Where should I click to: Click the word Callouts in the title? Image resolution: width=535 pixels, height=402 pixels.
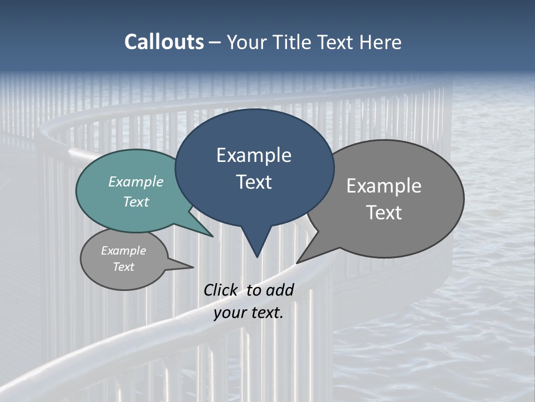[x=164, y=42]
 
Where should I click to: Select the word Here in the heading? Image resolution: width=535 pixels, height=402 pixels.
[x=381, y=42]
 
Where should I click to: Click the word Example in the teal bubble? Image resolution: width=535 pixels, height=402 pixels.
[x=135, y=181]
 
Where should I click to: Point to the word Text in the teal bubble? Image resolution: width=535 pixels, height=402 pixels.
[x=135, y=202]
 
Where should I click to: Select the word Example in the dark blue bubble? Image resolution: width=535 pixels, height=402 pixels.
[x=254, y=155]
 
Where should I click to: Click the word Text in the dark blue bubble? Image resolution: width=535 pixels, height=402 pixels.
[x=254, y=182]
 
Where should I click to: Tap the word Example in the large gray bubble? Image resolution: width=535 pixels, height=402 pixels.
[x=383, y=186]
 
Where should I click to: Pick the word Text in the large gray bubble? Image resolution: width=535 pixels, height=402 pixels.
[x=383, y=213]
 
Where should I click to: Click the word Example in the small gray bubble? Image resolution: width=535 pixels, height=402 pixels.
[x=123, y=251]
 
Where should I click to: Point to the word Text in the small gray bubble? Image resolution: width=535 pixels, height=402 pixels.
[x=123, y=267]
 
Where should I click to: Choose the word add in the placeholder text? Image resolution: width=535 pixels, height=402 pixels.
[x=279, y=290]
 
